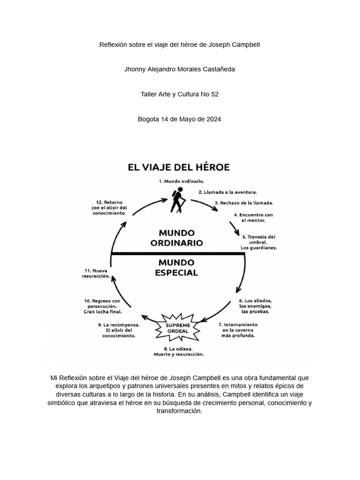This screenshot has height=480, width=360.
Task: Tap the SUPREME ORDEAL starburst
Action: coord(179,328)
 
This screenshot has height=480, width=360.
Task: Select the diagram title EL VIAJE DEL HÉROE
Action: coord(179,167)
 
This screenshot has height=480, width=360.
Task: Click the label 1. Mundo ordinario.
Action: coord(181,180)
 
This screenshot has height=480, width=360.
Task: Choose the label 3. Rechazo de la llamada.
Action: coord(244,203)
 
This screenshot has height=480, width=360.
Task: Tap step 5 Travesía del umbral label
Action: coord(258,242)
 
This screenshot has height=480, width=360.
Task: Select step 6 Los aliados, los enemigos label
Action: coord(255,306)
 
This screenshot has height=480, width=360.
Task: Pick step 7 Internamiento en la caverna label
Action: coord(238,330)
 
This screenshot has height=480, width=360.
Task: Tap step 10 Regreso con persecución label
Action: coord(103,306)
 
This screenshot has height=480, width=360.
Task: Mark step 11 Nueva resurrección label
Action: coord(97,273)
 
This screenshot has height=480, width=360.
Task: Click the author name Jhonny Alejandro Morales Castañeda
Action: coord(179,69)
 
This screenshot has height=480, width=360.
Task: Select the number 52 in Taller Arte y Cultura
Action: coord(214,94)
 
